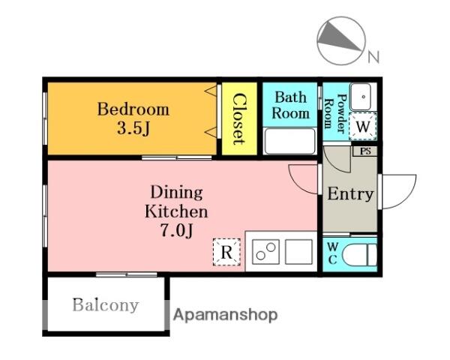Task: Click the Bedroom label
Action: (133, 109)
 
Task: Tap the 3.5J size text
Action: (133, 128)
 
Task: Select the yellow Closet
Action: (239, 118)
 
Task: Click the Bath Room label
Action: (290, 105)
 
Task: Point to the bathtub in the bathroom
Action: (289, 141)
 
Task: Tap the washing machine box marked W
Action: (363, 126)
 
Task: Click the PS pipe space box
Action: (364, 151)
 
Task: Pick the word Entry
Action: (350, 193)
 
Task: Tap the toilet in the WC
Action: (359, 255)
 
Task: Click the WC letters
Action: (332, 253)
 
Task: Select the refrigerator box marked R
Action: (226, 252)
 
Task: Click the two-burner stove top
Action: (265, 252)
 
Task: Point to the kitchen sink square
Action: (298, 252)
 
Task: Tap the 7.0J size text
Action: (176, 230)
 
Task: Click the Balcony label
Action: (106, 305)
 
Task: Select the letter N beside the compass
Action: (373, 57)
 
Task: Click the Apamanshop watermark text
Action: (226, 315)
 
